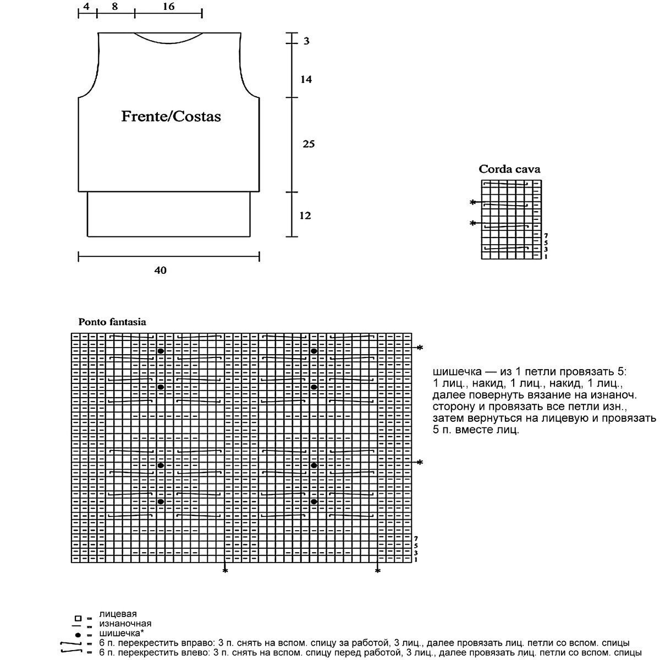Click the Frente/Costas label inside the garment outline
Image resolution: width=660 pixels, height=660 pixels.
(170, 117)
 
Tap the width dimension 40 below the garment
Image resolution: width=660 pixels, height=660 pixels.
(161, 270)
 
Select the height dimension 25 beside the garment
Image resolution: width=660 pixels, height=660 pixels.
(309, 144)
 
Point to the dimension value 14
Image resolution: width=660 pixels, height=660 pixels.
(306, 80)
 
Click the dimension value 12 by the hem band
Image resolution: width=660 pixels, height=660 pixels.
(305, 216)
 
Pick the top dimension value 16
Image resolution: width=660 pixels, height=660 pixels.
(168, 7)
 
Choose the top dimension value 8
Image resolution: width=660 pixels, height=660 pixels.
(114, 7)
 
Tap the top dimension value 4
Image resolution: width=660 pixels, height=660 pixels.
(87, 7)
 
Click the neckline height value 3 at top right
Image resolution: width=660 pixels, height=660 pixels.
(306, 41)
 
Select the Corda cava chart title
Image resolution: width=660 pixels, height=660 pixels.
(509, 169)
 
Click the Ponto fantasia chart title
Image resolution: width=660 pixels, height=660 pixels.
(112, 322)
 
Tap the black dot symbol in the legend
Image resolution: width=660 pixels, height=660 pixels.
(78, 635)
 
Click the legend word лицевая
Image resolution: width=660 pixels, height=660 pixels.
(118, 614)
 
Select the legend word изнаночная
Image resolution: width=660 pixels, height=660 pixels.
(125, 624)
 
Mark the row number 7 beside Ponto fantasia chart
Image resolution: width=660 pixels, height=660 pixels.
(416, 538)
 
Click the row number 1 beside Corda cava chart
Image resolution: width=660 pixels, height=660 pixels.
(546, 256)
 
